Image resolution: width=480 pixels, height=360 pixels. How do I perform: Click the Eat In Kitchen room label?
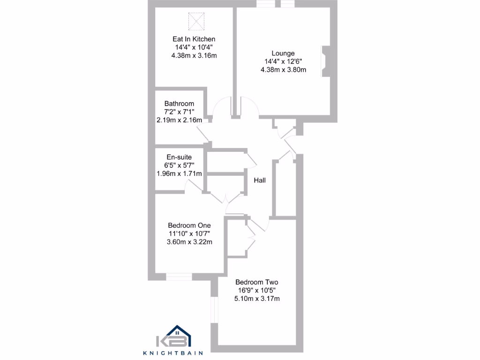[194, 39]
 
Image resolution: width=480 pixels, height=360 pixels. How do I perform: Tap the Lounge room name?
[283, 53]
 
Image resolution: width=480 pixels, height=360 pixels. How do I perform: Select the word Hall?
[260, 180]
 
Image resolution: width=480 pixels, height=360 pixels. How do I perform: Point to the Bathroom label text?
[179, 104]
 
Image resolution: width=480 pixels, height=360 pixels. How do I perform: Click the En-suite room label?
[179, 157]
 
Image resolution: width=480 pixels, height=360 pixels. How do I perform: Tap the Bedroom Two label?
[257, 282]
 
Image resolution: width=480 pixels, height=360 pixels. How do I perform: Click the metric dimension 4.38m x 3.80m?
[283, 70]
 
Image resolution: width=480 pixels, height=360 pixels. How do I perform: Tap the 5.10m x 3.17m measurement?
[257, 299]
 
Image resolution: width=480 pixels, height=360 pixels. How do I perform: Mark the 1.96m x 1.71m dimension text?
[179, 173]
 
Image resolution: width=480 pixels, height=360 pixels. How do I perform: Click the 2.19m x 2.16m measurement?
[179, 120]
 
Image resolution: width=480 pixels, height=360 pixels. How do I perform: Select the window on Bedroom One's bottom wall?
[179, 277]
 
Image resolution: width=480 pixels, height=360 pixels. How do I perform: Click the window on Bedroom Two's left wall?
[214, 309]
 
